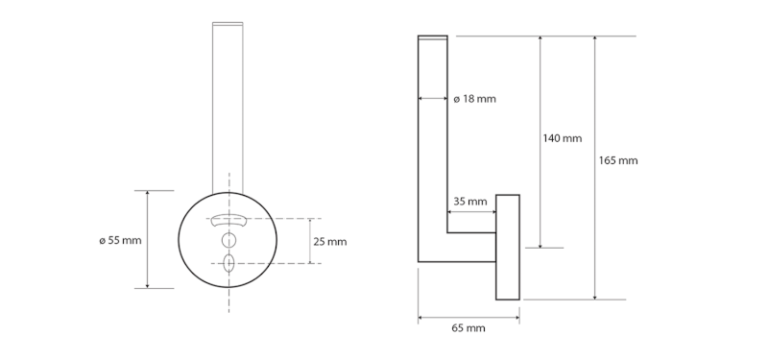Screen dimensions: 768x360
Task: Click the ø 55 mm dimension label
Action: tap(120, 241)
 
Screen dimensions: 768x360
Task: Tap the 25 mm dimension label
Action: tap(330, 242)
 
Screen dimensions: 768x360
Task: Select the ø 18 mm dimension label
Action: tap(474, 99)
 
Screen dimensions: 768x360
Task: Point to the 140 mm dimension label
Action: tap(563, 138)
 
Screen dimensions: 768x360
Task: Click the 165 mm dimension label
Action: tap(618, 160)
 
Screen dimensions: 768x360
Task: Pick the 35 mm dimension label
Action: tap(470, 202)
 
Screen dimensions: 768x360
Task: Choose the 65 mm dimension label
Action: tap(468, 328)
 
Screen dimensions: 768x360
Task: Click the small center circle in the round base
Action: tap(228, 240)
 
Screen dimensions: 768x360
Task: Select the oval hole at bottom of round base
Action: tap(228, 263)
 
